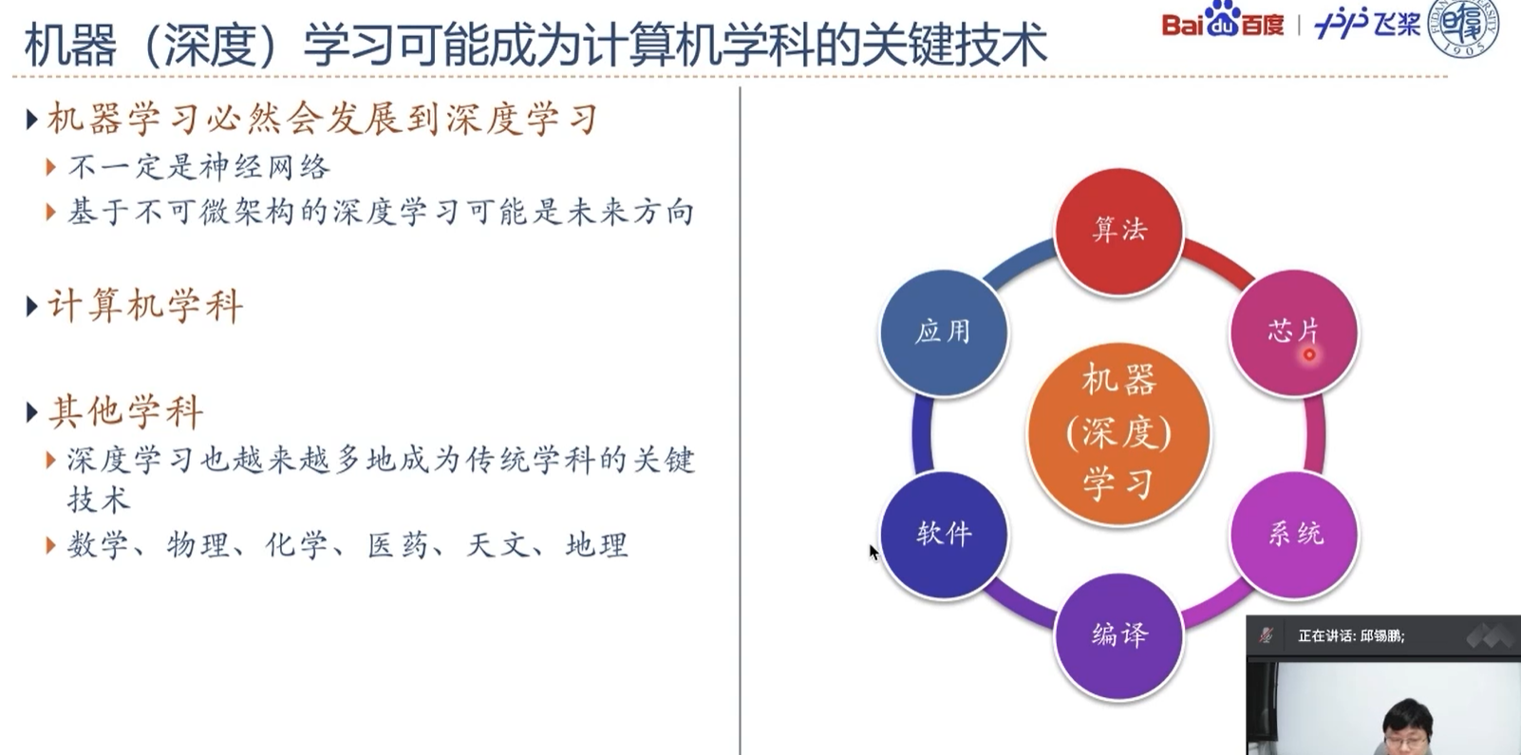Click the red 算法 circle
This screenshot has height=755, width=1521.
pyautogui.click(x=1118, y=231)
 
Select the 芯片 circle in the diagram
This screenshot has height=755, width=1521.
pyautogui.click(x=1293, y=331)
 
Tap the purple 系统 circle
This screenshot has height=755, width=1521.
pyautogui.click(x=1294, y=534)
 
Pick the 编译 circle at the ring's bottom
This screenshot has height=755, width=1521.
pyautogui.click(x=1118, y=634)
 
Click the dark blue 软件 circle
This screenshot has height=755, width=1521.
pyautogui.click(x=944, y=534)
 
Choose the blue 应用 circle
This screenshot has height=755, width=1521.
pyautogui.click(x=943, y=331)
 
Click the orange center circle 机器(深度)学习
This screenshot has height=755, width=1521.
pyautogui.click(x=1118, y=433)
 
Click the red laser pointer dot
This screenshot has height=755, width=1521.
pyautogui.click(x=1309, y=355)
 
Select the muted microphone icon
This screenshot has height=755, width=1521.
pyautogui.click(x=1266, y=635)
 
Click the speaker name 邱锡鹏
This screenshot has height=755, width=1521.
pyautogui.click(x=1381, y=636)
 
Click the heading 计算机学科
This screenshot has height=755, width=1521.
pyautogui.click(x=145, y=306)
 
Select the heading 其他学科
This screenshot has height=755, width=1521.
pyautogui.click(x=125, y=412)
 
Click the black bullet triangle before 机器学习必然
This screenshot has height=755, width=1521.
pyautogui.click(x=31, y=120)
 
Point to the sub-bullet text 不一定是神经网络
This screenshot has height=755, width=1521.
pyautogui.click(x=199, y=168)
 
